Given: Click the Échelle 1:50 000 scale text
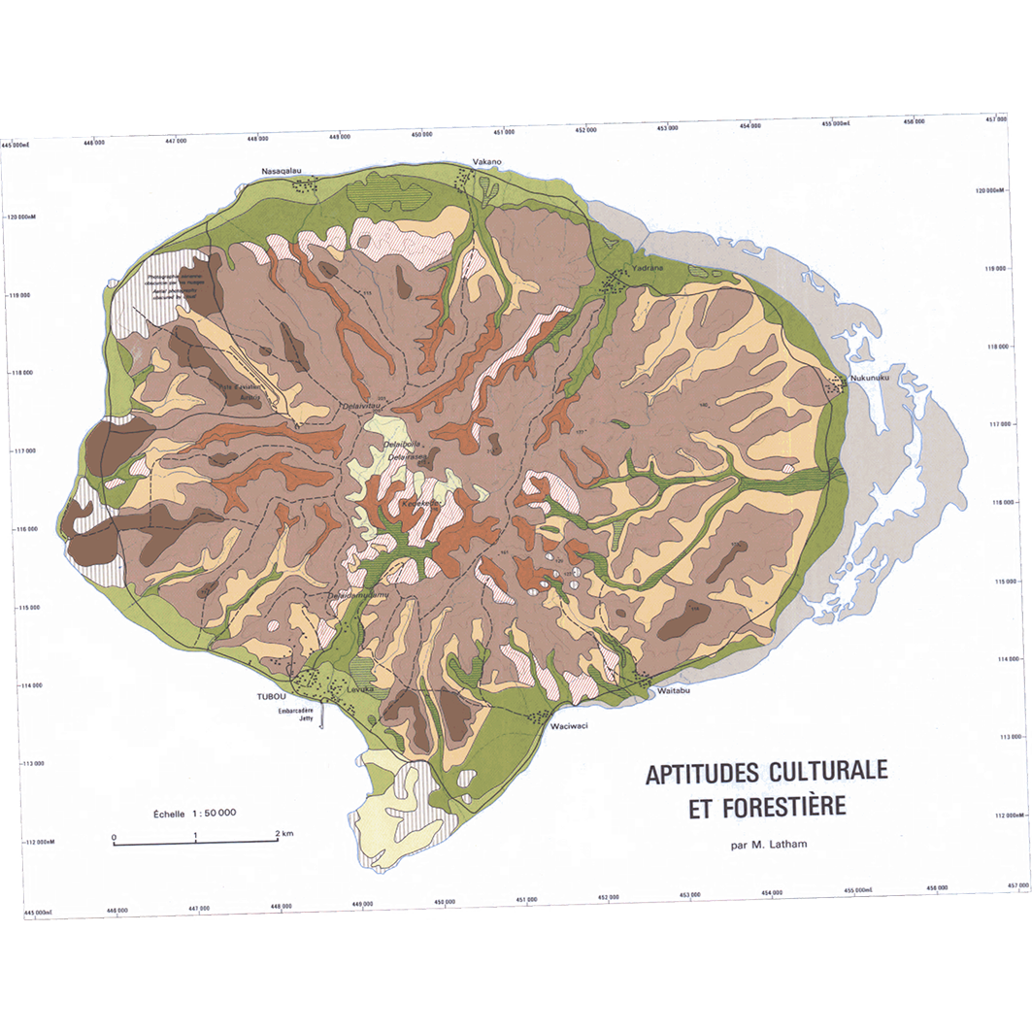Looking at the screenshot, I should point(194,814).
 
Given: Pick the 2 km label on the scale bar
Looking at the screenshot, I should point(283,834).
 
